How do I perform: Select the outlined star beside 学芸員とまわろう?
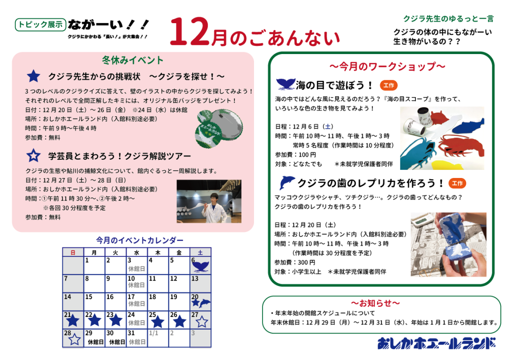pyautogui.click(x=33, y=156)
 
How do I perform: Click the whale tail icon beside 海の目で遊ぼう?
pyautogui.click(x=284, y=84)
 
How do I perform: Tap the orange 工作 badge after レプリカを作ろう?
pyautogui.click(x=457, y=183)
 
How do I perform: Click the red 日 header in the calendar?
pyautogui.click(x=73, y=252)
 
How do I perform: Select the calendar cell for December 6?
pyautogui.click(x=200, y=265)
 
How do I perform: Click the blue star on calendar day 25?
pyautogui.click(x=157, y=322)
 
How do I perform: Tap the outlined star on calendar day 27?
pyautogui.click(x=202, y=322)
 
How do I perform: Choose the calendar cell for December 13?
pyautogui.click(x=200, y=284)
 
